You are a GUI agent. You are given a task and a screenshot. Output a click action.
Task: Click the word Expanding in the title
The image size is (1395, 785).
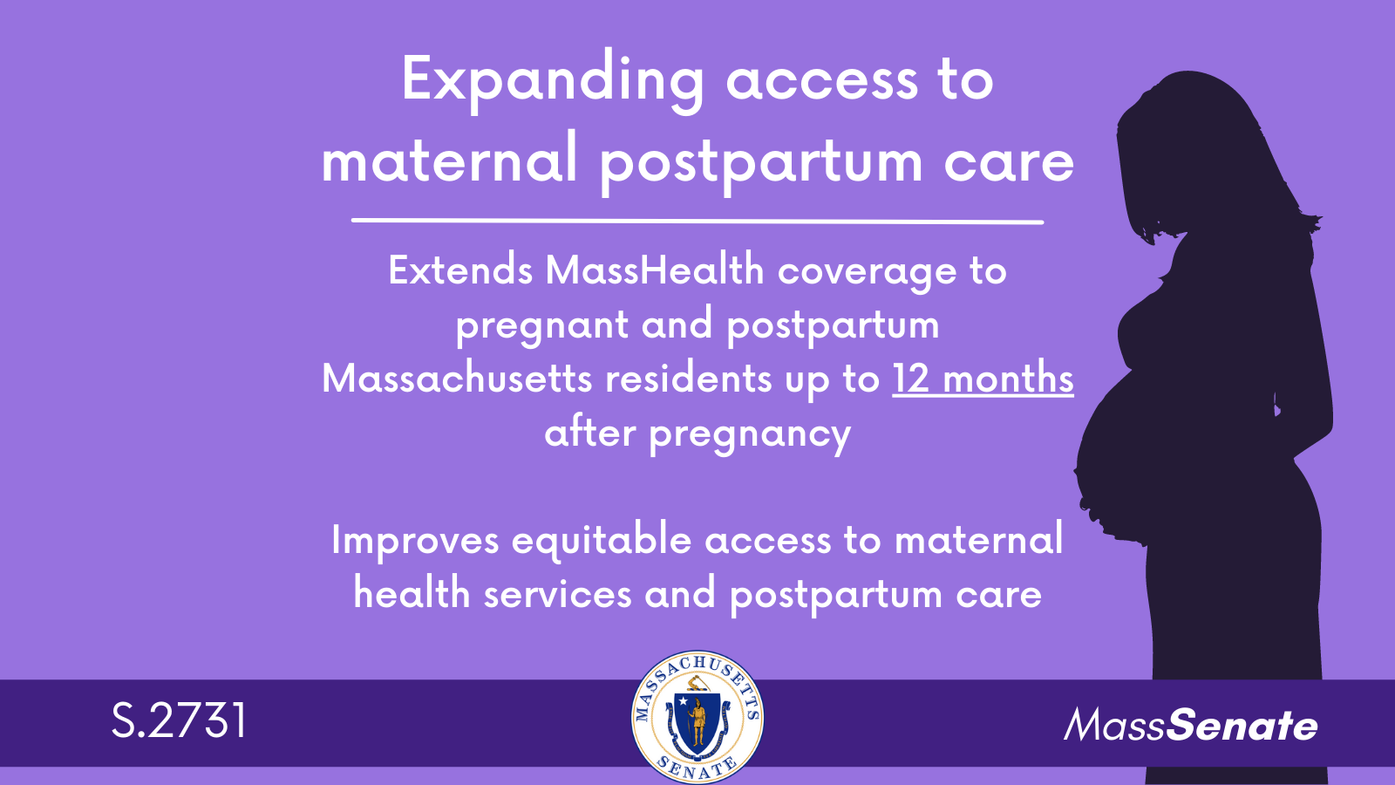553,82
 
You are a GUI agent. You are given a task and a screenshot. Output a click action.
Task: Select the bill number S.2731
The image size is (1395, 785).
180,721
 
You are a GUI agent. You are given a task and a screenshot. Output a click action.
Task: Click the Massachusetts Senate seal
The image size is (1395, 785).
697,716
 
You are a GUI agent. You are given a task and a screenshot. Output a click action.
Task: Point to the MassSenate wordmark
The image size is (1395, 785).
1191,726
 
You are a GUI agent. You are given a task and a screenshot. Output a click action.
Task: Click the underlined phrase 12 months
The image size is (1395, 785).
983,379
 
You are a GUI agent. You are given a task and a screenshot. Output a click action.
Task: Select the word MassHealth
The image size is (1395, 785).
655,271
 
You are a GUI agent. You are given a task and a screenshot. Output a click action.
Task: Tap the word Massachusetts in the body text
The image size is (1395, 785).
457,379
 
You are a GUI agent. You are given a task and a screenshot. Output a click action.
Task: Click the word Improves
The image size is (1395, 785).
415,540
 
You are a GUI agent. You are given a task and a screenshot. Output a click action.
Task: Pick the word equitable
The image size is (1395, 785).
601,541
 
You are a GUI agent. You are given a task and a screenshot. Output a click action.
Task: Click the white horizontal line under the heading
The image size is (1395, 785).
697,221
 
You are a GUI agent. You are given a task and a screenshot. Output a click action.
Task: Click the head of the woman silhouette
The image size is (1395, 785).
1183,156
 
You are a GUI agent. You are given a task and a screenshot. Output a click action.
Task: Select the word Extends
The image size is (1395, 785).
460,271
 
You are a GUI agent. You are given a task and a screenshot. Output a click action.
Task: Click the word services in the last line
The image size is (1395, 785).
557,594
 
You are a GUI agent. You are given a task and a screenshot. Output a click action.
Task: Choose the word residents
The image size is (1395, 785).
688,379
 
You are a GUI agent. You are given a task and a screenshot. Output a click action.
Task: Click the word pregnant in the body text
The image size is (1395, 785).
541,326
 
